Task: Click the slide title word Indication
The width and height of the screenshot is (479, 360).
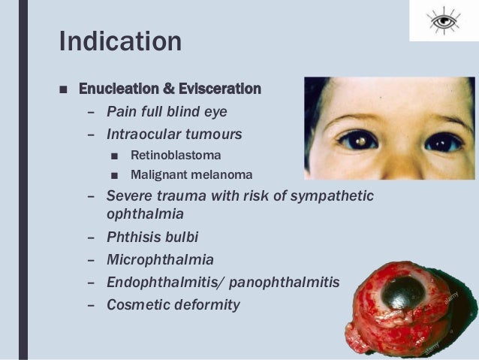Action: [x=120, y=41]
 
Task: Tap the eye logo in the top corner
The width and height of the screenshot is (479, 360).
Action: [x=444, y=21]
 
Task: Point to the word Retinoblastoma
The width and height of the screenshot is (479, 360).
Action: [x=176, y=156]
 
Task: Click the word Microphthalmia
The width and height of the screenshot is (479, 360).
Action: [x=160, y=260]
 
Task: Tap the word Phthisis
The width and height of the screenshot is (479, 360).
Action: [x=131, y=237]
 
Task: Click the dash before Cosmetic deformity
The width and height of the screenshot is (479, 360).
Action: [x=91, y=306]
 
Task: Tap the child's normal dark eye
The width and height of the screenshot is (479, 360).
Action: [x=444, y=141]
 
